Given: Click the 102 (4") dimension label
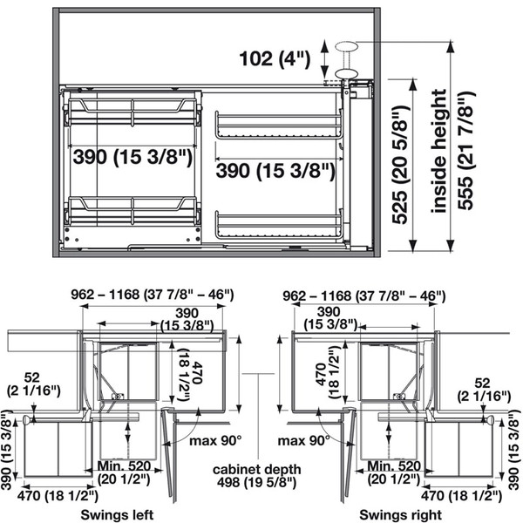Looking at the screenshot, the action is click(275, 59).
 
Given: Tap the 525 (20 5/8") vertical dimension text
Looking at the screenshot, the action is click(399, 165).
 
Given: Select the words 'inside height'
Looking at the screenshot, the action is click(439, 151).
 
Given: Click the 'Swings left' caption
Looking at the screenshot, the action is click(117, 514).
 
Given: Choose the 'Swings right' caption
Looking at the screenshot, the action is click(401, 514).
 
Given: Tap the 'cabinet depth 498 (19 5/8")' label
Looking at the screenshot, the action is click(257, 475).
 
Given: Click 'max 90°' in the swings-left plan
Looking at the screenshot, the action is click(215, 441).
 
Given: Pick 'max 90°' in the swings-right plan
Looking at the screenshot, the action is click(304, 441).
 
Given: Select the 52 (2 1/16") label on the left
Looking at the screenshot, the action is click(33, 384).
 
